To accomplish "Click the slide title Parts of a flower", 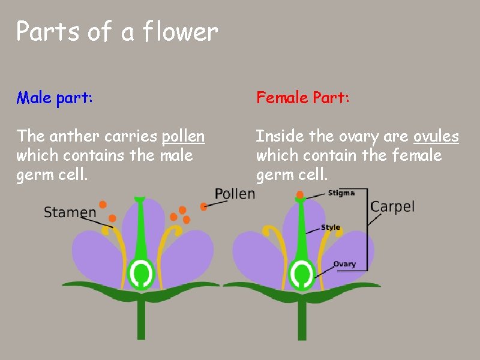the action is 117,31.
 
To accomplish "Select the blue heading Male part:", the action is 55,97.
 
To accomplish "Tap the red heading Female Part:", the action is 302,97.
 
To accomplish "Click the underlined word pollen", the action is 183,137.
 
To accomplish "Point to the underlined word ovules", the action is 436,137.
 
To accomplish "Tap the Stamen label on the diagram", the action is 70,212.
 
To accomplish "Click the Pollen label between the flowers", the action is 235,194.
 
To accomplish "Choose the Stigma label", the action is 341,193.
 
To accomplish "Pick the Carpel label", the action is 392,207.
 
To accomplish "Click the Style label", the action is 331,227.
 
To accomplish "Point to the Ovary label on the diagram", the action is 344,264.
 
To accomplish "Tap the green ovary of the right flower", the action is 301,273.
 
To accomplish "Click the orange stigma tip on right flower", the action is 301,194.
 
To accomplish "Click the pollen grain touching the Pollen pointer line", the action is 204,206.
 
